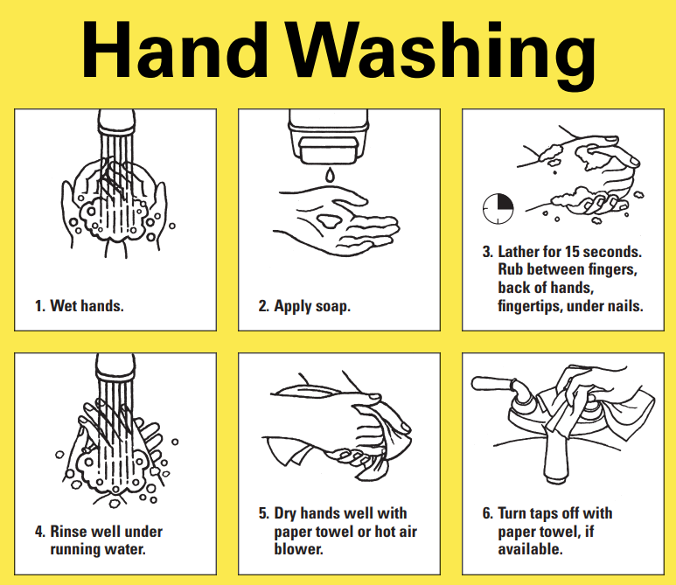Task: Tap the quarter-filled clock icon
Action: tap(498, 207)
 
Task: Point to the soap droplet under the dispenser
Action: tap(329, 176)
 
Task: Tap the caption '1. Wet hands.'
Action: tap(79, 306)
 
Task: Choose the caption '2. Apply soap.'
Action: tap(303, 306)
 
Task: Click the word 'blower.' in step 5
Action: tap(298, 549)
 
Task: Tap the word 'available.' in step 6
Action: tap(530, 549)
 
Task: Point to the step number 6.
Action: tap(486, 513)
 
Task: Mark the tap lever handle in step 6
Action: tap(494, 383)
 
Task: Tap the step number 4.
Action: tap(39, 532)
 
